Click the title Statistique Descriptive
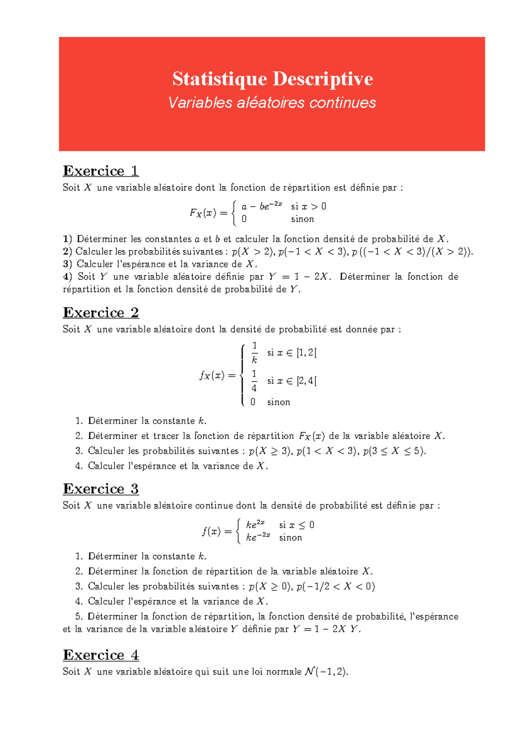coord(272,79)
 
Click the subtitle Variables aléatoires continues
coord(272,103)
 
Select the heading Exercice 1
coord(101,171)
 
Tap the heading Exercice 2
coord(101,312)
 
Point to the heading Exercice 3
coord(101,489)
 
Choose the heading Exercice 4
coord(101,655)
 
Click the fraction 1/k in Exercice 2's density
coord(254,353)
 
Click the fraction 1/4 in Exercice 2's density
coord(254,381)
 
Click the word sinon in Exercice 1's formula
coord(302,219)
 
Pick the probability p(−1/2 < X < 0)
coord(336,586)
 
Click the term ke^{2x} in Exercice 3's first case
coord(255,524)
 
